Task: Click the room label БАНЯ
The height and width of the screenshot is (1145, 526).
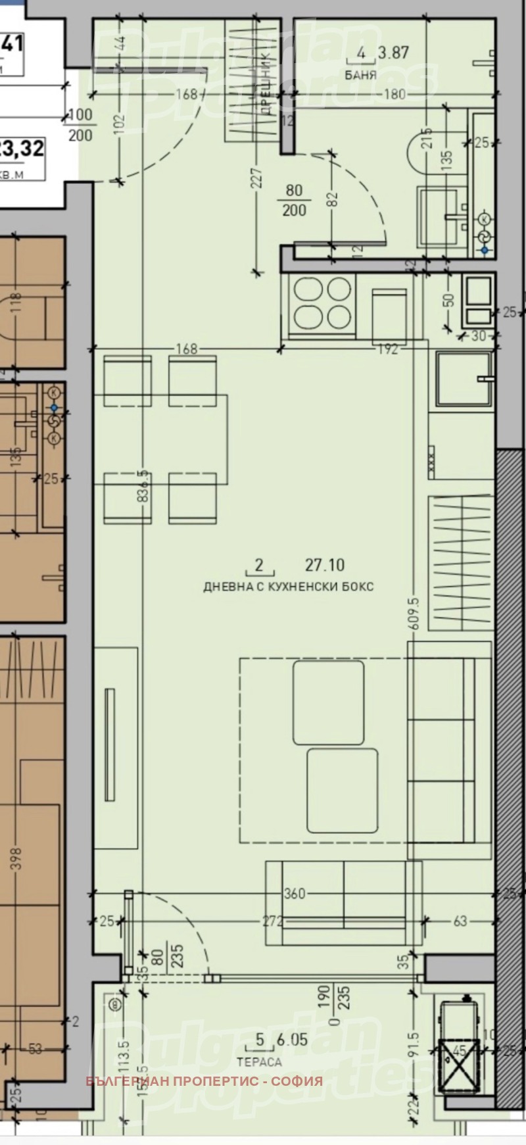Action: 361,75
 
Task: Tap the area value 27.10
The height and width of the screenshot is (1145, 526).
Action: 325,565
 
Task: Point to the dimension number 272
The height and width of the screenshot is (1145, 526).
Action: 272,921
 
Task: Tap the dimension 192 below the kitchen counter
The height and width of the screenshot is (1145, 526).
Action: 388,350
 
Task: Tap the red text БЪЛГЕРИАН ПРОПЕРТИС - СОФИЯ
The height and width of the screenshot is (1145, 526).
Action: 204,1081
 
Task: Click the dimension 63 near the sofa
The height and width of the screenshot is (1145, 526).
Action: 460,921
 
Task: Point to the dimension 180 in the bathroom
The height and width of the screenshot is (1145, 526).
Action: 394,95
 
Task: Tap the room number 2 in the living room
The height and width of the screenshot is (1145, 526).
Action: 258,565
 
